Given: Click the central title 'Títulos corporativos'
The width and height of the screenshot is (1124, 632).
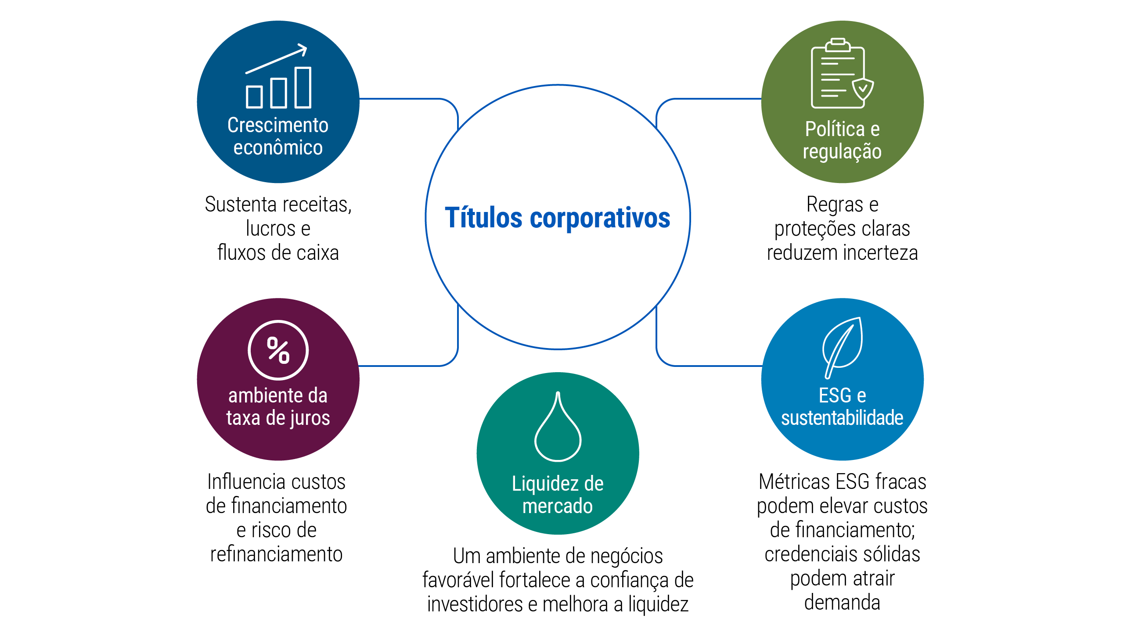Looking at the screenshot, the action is click(x=558, y=218).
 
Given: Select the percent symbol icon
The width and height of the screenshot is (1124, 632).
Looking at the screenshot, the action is click(x=278, y=350).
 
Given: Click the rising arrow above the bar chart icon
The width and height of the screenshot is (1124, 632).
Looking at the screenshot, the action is click(x=276, y=59).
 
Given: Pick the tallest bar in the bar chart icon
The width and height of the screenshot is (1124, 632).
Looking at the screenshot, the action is click(x=303, y=87).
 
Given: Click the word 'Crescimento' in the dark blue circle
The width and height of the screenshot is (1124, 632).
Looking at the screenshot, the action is click(x=278, y=125).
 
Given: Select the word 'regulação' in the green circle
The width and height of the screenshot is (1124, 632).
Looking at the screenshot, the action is click(x=842, y=152).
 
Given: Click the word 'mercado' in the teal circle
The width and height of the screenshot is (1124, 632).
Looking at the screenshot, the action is click(x=558, y=506).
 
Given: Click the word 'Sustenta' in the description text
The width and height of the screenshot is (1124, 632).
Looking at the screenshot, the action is click(x=241, y=205).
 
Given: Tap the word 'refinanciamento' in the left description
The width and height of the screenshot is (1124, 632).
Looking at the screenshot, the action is click(x=276, y=554).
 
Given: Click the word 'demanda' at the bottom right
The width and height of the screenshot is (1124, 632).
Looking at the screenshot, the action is click(x=842, y=602).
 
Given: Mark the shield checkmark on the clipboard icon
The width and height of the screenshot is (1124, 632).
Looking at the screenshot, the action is click(x=863, y=89).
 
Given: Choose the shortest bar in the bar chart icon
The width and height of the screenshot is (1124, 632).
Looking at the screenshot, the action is click(x=254, y=97).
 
